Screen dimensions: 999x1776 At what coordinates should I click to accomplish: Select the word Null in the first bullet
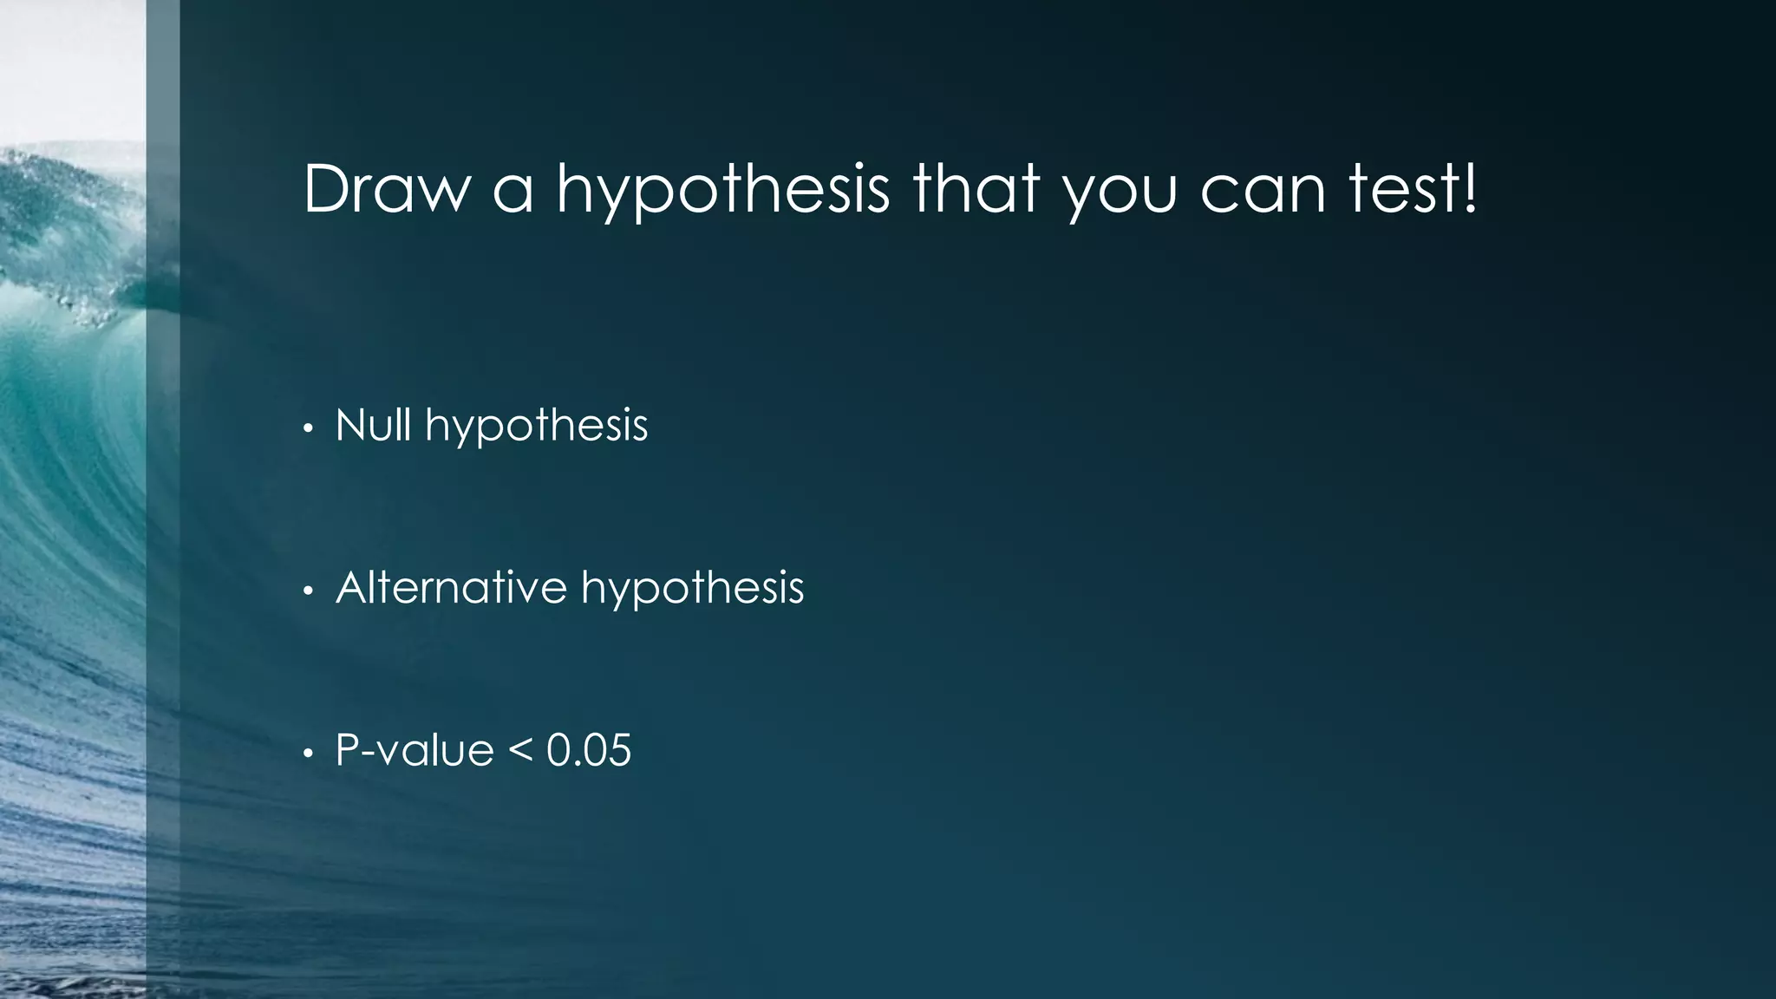point(373,425)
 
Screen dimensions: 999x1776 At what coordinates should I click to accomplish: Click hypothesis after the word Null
point(536,428)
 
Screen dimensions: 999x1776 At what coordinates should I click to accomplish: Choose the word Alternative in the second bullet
point(451,587)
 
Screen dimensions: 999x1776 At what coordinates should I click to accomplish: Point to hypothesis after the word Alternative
point(692,590)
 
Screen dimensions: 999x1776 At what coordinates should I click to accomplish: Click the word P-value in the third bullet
point(415,750)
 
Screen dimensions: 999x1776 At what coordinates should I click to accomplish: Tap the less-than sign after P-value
point(519,751)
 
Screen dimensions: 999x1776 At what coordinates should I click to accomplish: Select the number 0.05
point(589,750)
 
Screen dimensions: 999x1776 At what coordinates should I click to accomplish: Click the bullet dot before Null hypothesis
point(307,429)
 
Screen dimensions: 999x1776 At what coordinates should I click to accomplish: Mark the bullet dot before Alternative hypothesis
point(307,591)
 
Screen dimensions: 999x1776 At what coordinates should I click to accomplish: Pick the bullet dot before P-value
point(307,754)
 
